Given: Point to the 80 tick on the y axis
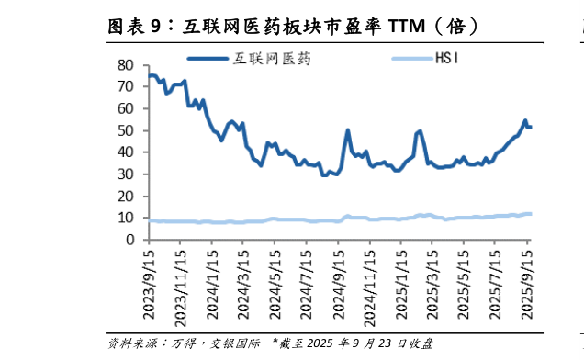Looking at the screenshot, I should click(x=128, y=65).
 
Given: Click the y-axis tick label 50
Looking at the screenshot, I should click(x=128, y=130).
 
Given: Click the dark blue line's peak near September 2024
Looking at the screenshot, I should click(x=348, y=130).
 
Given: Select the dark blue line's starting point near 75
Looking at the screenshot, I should click(x=150, y=75).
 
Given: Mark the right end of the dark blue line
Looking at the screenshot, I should click(x=530, y=127).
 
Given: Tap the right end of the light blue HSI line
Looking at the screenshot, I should click(x=530, y=214).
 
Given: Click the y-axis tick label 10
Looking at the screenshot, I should click(x=128, y=218).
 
